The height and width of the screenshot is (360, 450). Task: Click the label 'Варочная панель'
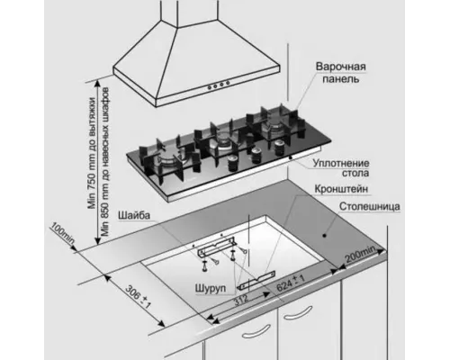pos(341,73)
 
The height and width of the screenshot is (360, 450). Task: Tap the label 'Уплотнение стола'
pos(341,168)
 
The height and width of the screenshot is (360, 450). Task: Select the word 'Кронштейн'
pos(341,189)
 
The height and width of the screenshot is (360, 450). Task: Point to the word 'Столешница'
pos(370,207)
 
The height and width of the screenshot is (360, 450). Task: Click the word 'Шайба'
pos(134,215)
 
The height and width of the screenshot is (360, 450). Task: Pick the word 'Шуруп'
pos(211,288)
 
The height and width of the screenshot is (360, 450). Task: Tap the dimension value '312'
pos(241,300)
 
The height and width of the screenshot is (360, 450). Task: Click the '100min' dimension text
pos(63,233)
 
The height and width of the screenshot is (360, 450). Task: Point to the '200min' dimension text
pos(360,255)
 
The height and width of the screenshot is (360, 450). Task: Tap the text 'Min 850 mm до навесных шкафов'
pos(104,162)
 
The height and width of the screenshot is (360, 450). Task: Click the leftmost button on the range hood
pos(209,87)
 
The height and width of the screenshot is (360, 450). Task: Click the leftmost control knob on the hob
pos(233,164)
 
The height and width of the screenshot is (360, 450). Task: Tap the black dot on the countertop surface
pos(324,236)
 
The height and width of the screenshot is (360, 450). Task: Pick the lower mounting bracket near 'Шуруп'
pos(256,281)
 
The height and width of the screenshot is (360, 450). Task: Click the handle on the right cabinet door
pos(298,313)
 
